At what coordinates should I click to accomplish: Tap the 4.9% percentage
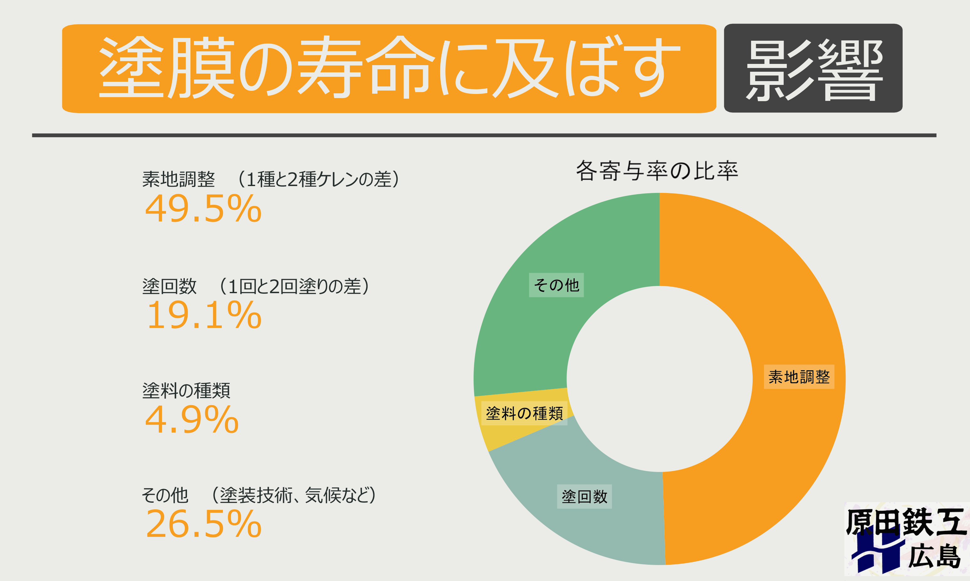point(192,420)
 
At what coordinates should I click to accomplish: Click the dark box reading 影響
point(813,69)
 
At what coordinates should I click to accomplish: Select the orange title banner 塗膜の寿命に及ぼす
point(389,69)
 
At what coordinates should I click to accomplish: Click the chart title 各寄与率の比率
point(656,171)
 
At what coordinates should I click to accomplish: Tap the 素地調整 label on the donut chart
point(799,376)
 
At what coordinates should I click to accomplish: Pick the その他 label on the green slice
point(556,285)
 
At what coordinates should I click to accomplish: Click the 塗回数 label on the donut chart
point(584,496)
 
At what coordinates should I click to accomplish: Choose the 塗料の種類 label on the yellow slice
point(524,413)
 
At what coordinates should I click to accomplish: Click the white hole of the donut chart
point(660,379)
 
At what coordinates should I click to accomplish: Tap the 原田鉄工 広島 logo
point(906,539)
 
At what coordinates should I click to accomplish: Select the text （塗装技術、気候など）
point(293,495)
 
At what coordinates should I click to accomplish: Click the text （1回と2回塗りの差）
point(293,286)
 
